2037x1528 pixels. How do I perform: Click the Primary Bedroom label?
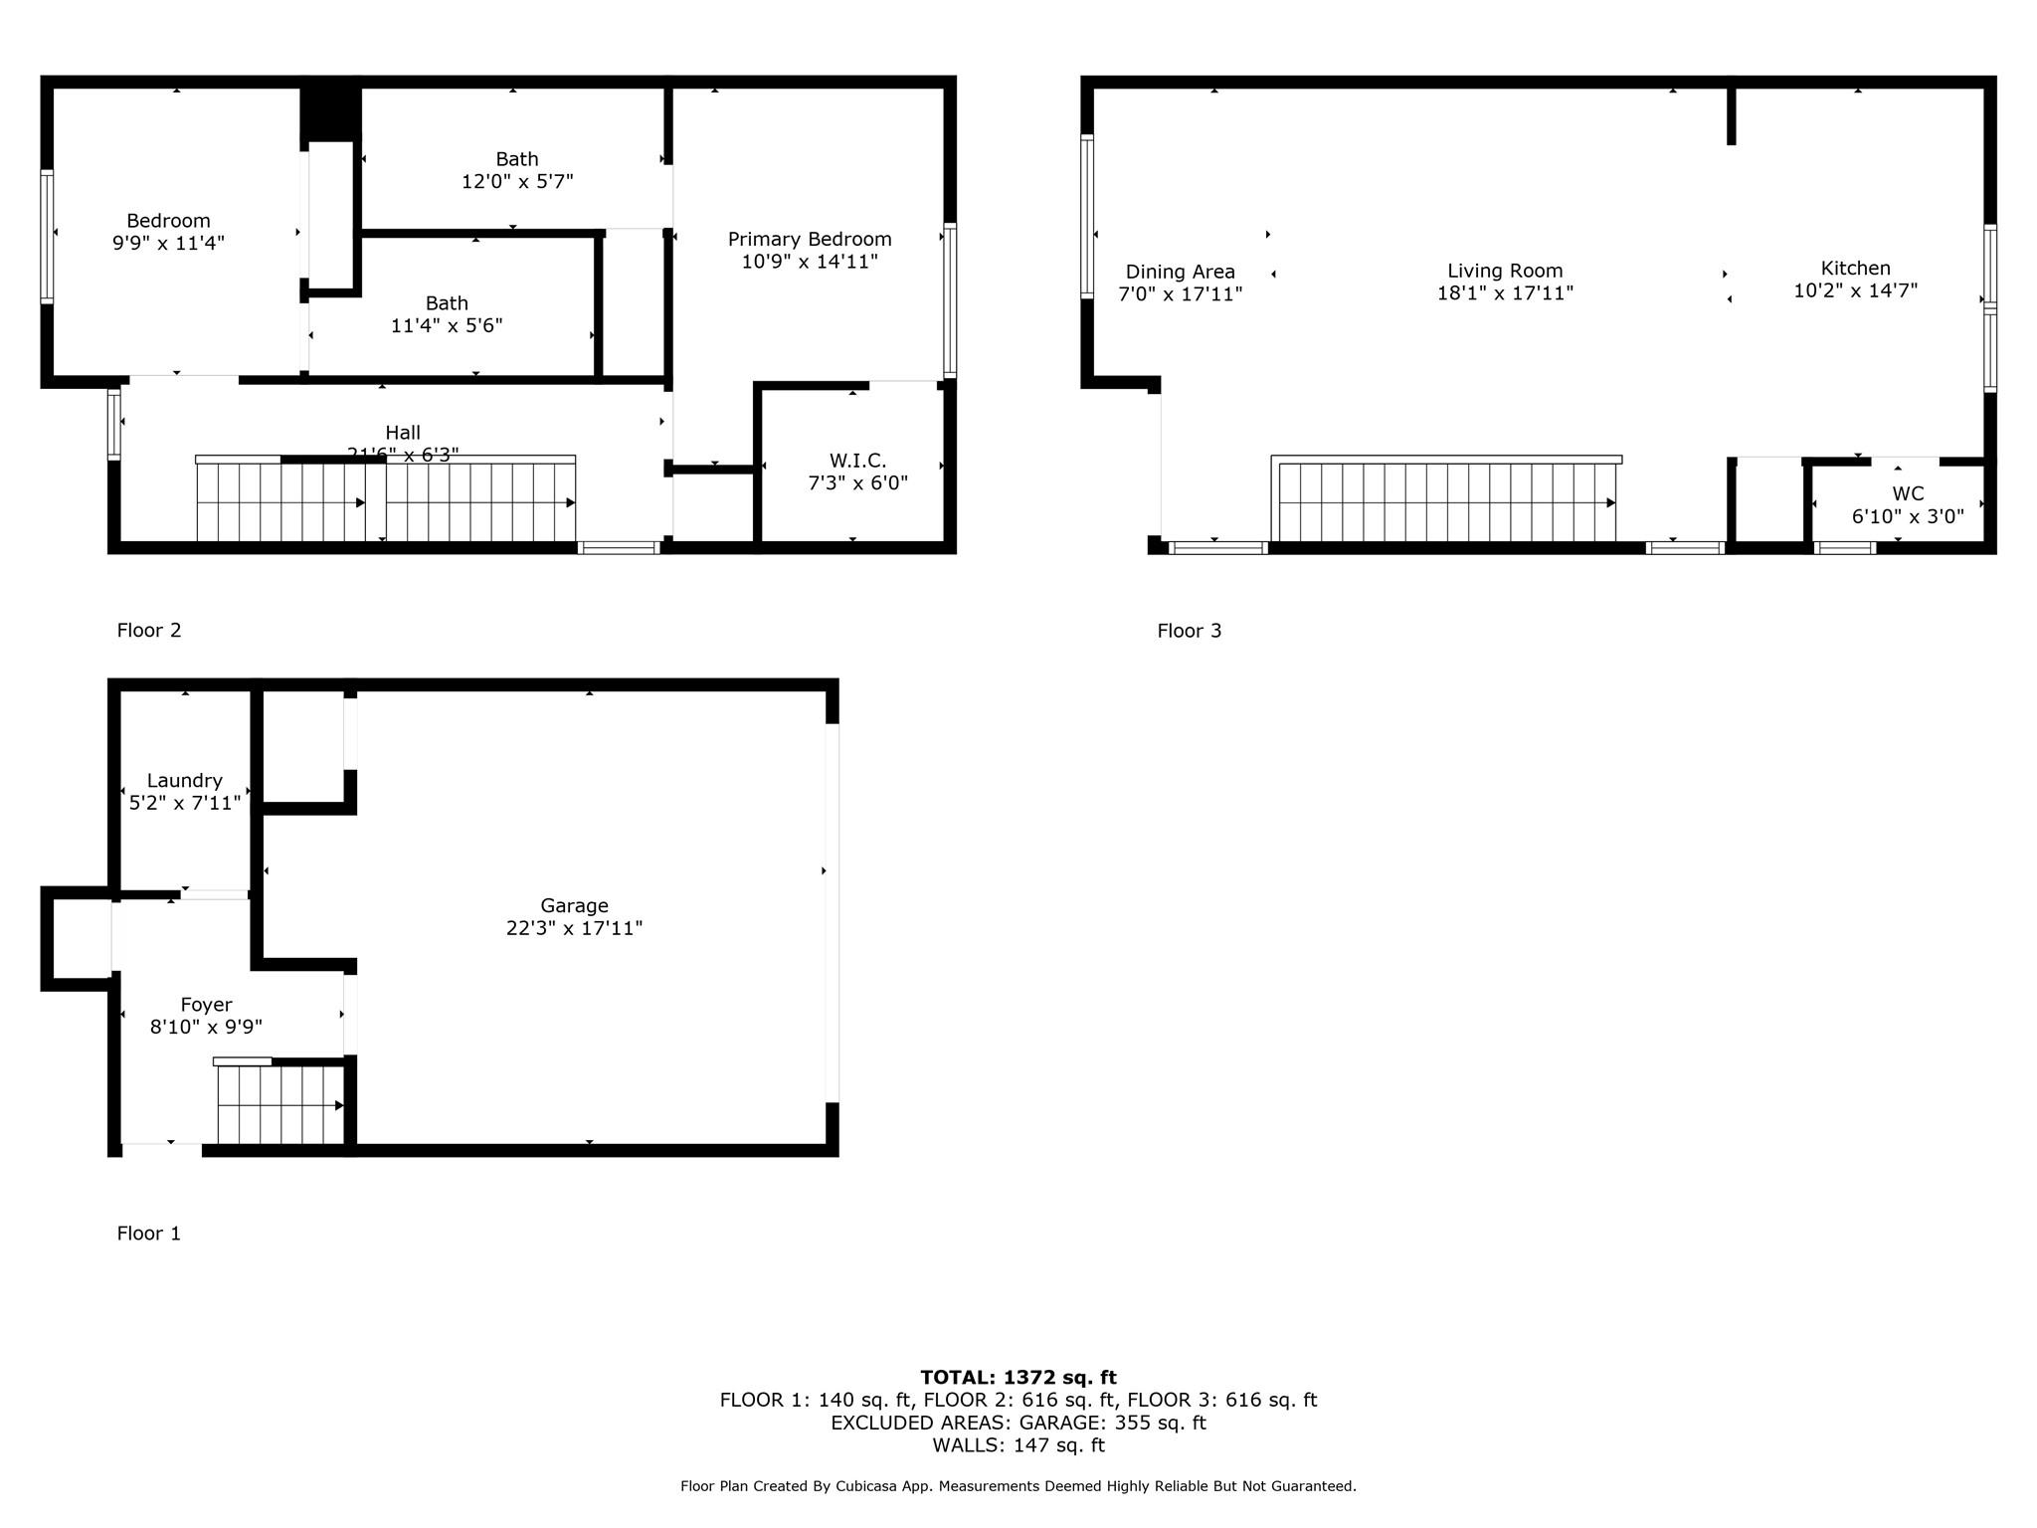point(809,240)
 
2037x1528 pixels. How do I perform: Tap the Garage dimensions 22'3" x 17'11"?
point(574,928)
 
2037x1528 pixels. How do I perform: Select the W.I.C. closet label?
point(857,461)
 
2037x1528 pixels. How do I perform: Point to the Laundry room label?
point(184,781)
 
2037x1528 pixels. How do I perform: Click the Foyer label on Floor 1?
point(206,1005)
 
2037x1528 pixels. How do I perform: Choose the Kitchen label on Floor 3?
point(1855,269)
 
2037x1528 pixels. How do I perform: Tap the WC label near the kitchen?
point(1907,493)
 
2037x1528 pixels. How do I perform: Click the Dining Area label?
point(1180,272)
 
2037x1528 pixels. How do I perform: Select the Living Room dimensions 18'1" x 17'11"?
point(1505,293)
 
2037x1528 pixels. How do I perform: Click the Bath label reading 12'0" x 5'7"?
point(517,159)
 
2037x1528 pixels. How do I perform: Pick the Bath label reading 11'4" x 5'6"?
point(447,303)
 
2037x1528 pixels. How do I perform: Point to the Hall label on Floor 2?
point(403,433)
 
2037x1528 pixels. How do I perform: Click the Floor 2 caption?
point(149,630)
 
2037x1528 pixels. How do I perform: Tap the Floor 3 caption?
point(1189,631)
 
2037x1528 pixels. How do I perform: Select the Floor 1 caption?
point(149,1234)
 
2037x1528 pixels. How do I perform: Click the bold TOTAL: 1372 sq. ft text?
point(1018,1378)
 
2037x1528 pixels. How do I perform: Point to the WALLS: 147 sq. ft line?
point(1018,1445)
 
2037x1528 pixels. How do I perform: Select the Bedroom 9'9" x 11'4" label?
point(168,221)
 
